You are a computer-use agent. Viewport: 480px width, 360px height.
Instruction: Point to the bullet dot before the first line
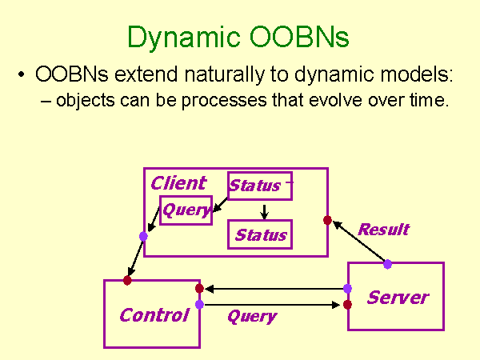pos(21,77)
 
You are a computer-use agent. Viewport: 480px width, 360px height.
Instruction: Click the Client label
pos(178,183)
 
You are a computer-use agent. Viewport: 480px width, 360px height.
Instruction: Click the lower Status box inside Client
pos(260,235)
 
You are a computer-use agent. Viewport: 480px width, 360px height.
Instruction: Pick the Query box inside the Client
pos(186,210)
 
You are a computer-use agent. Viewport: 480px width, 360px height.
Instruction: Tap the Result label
pos(383,230)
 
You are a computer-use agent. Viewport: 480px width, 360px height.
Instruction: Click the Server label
pos(398,298)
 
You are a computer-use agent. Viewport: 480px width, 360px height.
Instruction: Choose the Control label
pos(154,314)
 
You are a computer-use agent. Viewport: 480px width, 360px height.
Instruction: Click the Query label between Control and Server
pos(251,316)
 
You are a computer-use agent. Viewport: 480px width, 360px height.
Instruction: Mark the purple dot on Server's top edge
pos(387,264)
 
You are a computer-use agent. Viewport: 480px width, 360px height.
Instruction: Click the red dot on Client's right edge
pos(327,220)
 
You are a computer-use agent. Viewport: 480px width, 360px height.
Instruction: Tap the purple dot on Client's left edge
pos(143,236)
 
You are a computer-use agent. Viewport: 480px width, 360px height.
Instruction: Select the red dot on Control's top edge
pos(127,280)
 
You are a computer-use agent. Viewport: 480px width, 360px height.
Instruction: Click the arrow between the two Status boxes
pos(264,210)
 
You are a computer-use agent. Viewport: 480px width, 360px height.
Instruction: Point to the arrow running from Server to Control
pos(272,289)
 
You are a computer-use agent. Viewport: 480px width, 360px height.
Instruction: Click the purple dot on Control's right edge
pos(199,304)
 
